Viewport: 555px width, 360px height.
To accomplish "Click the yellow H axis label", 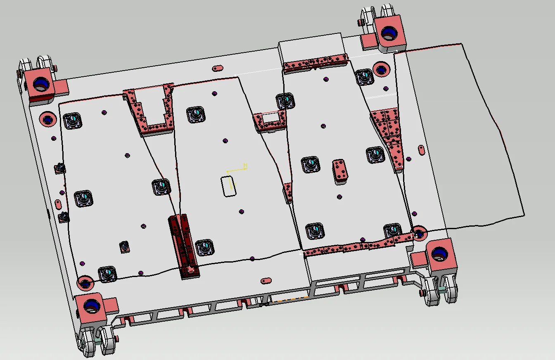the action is tap(245, 165).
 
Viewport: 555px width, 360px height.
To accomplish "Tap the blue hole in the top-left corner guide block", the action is tap(41, 83).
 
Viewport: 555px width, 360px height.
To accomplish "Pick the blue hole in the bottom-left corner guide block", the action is tap(92, 306).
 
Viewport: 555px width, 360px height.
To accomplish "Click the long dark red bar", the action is tap(184, 246).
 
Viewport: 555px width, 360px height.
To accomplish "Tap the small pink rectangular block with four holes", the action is tap(340, 171).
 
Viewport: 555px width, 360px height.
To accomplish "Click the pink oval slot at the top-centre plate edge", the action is tap(218, 68).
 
